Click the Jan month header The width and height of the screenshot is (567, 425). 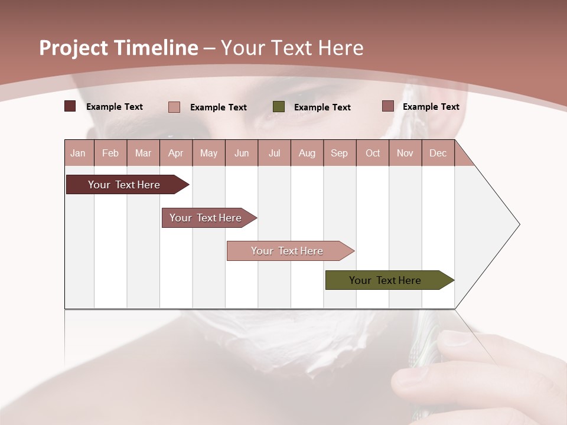click(78, 153)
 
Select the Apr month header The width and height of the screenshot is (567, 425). click(175, 153)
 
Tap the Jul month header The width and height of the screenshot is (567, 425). click(274, 153)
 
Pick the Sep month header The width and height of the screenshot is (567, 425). click(339, 153)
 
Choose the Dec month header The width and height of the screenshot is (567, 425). click(438, 153)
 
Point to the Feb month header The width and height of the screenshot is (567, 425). click(110, 153)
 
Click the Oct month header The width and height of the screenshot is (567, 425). click(373, 153)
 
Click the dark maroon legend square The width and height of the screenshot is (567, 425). click(70, 106)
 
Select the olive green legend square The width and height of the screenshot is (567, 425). click(279, 106)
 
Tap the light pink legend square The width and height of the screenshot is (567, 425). click(174, 107)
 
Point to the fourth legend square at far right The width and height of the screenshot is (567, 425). click(387, 106)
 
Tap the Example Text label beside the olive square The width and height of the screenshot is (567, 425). click(322, 107)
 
